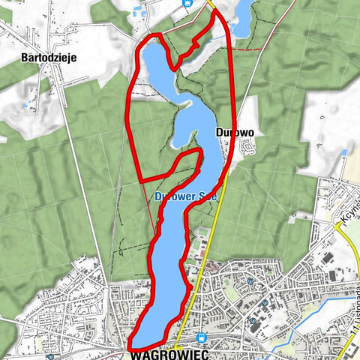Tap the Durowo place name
(235, 132)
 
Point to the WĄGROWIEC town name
(166, 352)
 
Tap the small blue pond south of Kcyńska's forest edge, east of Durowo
(343, 152)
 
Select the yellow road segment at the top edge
(212, 4)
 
